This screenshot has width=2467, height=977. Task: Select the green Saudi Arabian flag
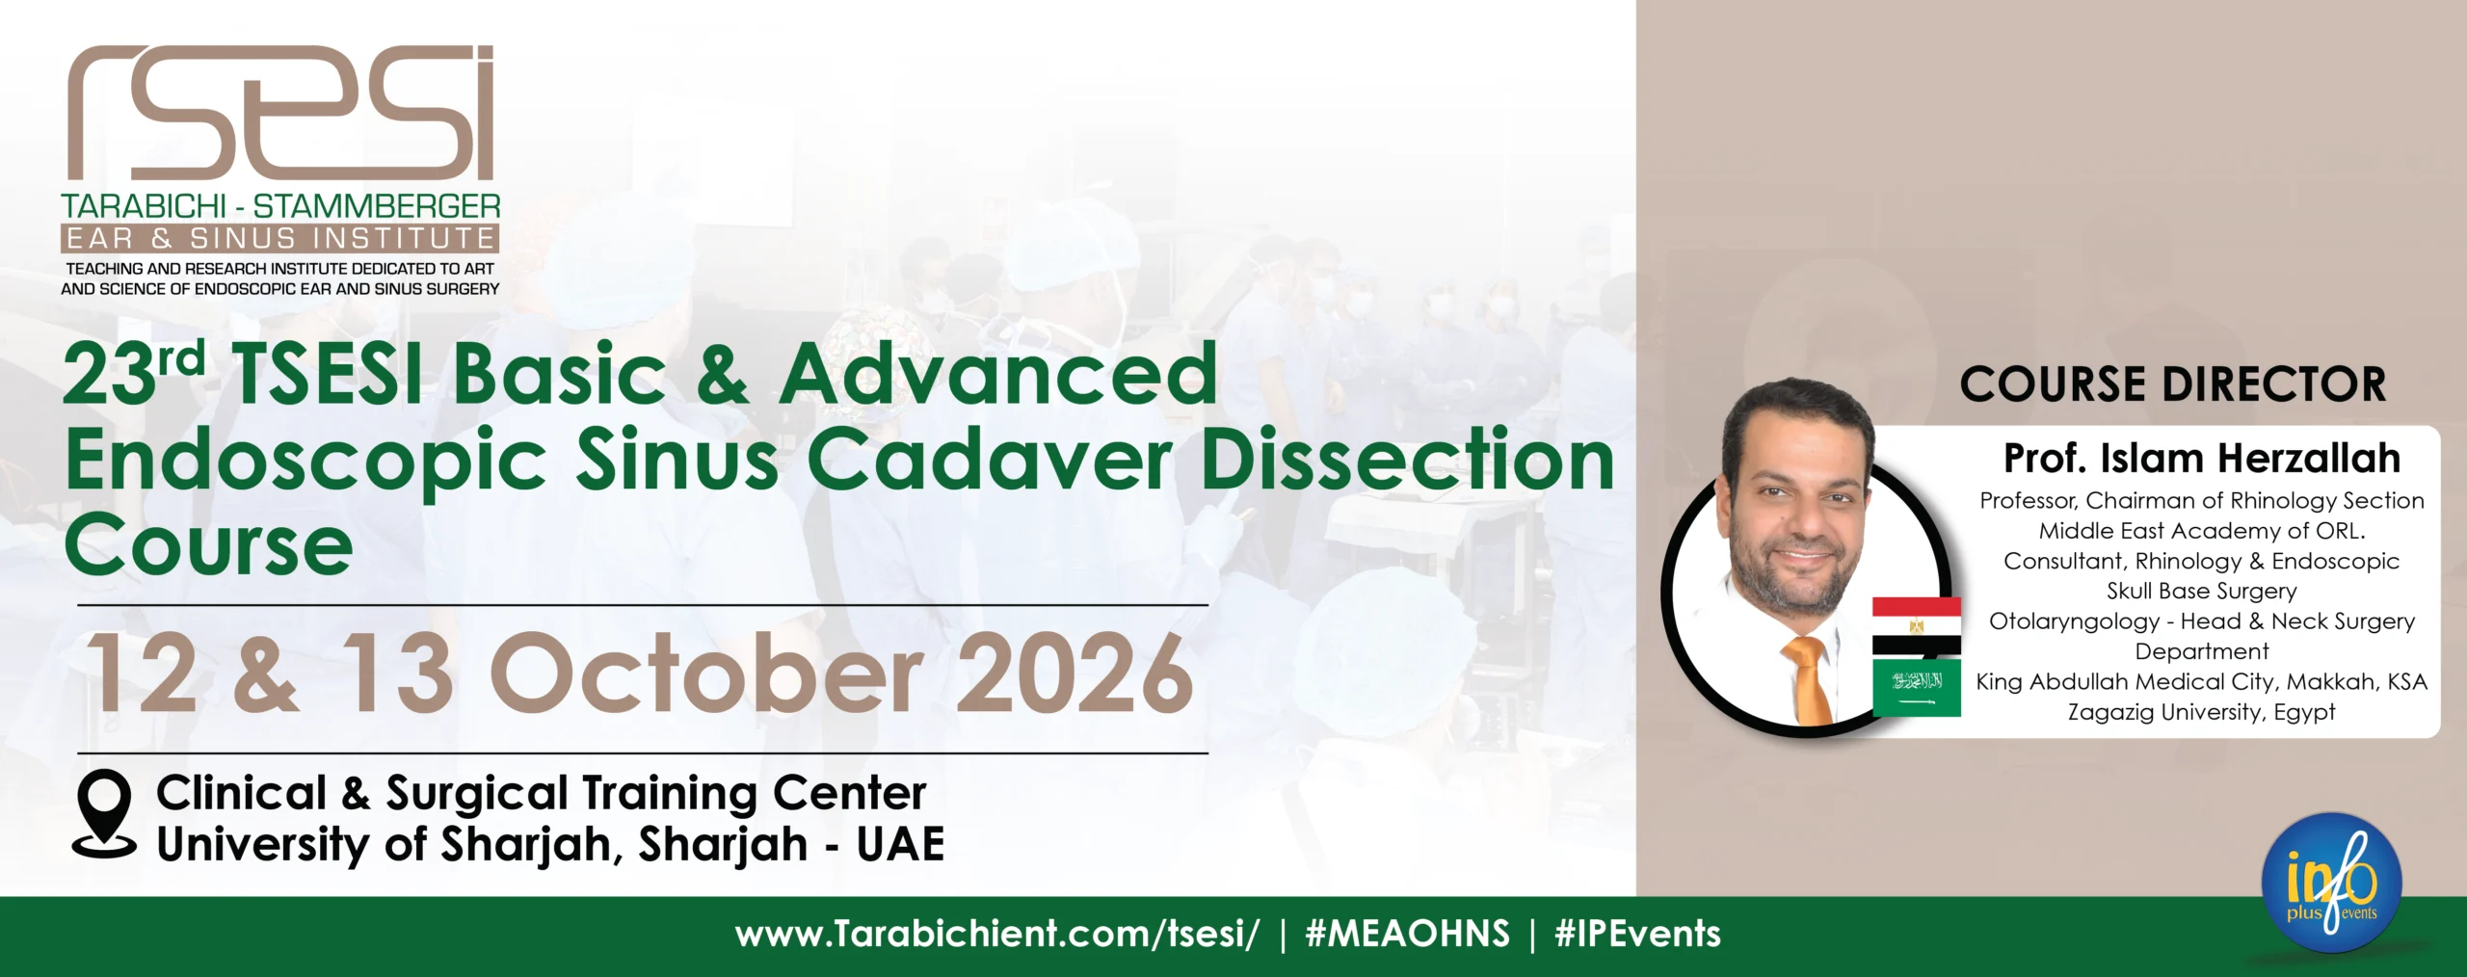tap(1916, 688)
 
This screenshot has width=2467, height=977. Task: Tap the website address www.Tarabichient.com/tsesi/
tap(996, 934)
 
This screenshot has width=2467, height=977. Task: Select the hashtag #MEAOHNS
tap(1407, 934)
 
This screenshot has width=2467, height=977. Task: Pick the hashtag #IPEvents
tap(1637, 934)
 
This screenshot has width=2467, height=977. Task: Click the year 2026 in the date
tap(1074, 673)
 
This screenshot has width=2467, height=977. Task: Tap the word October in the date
tap(705, 673)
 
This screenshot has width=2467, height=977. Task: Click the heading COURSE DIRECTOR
tap(2173, 384)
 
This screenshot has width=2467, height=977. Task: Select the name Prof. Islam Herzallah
tap(2202, 459)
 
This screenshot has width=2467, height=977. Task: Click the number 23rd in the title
tap(134, 373)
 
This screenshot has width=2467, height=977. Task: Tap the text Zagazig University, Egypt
tap(2202, 712)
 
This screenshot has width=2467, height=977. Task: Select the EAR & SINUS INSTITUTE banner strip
tap(279, 238)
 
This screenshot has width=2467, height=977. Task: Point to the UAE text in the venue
tap(900, 844)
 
